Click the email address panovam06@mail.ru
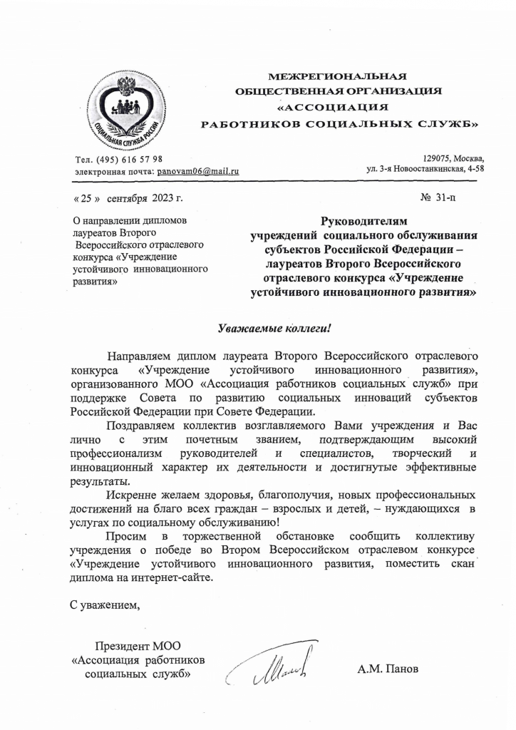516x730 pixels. coord(198,172)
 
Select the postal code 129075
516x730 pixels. coord(437,158)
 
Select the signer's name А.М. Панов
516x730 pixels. coord(388,669)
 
